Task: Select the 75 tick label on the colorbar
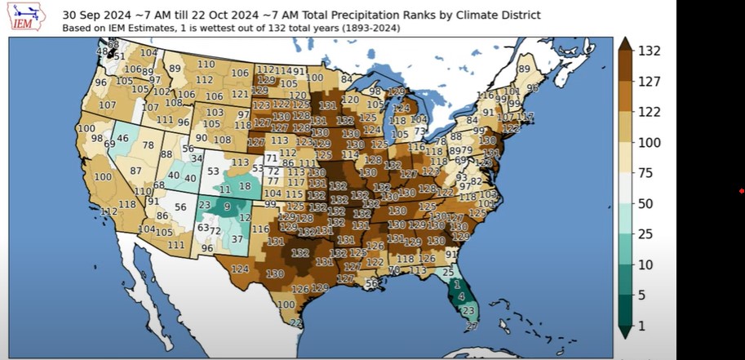point(645,172)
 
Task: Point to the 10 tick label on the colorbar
point(645,264)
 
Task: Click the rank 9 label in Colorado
point(226,207)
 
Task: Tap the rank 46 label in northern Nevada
point(122,139)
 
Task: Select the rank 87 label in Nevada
point(135,171)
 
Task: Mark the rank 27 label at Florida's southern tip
point(472,327)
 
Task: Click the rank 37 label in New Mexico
point(237,238)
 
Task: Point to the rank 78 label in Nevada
point(148,145)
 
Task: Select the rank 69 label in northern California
point(109,144)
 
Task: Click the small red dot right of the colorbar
point(741,191)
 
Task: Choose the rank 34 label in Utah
point(196,158)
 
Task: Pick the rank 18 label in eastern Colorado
point(245,187)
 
